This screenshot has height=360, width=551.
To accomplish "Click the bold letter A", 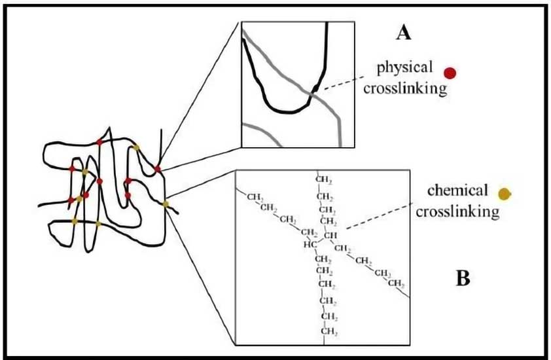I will pos(403,32).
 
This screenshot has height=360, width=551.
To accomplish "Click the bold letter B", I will pos(462,279).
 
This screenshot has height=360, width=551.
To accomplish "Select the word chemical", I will pos(457,191).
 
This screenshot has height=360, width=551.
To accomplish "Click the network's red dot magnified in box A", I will pos(158,170).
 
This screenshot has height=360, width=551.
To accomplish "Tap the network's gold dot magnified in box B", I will pos(165,205).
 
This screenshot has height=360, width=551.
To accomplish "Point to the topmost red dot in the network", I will pos(99,142).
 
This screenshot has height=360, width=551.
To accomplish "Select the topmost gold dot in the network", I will pos(136,147).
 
